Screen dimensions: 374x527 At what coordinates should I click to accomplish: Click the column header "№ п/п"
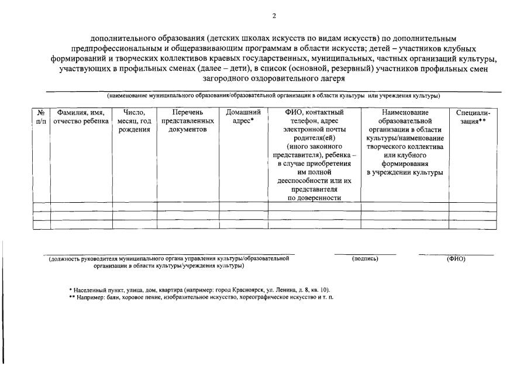click(41, 116)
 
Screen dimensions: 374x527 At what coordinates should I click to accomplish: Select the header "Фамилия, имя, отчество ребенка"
click(81, 116)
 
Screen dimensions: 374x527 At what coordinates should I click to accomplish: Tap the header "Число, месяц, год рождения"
click(135, 120)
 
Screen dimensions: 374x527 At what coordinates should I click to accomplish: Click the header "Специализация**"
click(472, 116)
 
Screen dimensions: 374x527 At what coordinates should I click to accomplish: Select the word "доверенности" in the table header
click(314, 198)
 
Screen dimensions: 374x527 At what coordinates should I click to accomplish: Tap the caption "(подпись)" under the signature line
click(365, 258)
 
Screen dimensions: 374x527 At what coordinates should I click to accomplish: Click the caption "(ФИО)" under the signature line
click(456, 258)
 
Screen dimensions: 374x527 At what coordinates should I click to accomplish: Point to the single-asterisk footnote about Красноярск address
click(199, 289)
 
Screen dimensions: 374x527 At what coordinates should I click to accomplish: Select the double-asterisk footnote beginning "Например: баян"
click(201, 297)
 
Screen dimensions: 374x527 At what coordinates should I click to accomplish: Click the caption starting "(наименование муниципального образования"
click(273, 95)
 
